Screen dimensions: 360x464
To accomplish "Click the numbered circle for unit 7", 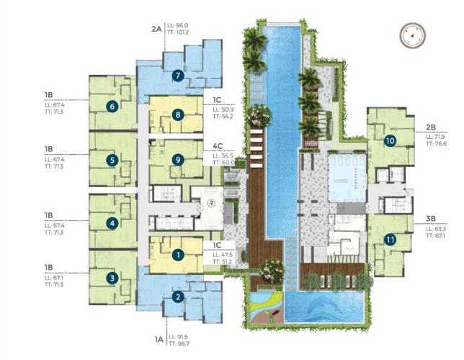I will point(178,75).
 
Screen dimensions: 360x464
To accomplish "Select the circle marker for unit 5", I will point(112,160).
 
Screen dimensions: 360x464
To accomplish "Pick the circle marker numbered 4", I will point(112,223).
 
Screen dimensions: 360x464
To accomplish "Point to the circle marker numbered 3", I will point(112,277).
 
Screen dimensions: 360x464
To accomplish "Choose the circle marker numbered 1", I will point(178,253).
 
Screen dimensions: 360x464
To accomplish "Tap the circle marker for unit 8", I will point(177,114).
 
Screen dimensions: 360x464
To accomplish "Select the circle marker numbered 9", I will point(177,160).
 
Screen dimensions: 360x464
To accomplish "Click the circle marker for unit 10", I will point(389,140).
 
